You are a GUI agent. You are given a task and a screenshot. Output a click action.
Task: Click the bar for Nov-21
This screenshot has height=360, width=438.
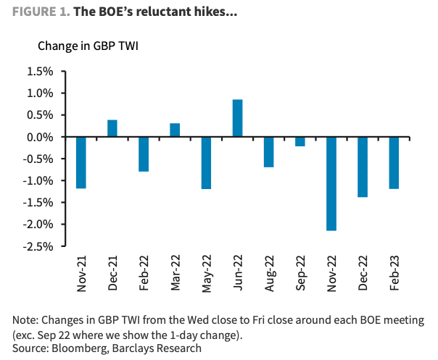[x=81, y=163]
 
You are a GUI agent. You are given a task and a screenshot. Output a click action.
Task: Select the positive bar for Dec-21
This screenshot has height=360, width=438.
[x=112, y=128]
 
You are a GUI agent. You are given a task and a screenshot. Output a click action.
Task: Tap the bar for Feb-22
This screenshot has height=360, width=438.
[x=144, y=154]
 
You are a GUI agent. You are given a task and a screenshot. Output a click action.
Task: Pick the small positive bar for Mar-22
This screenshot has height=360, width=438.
[x=175, y=130]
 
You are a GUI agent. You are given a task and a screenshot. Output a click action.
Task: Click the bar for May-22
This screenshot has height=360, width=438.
[x=206, y=163]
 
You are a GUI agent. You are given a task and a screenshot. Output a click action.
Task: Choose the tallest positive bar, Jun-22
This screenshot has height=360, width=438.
[x=237, y=118]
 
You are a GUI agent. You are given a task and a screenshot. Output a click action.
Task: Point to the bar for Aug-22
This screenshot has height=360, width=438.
[x=268, y=152]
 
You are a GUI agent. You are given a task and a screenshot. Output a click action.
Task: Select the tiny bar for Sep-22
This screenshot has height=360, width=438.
[x=299, y=141]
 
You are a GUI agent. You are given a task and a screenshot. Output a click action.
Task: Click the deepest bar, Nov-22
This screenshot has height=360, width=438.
[x=331, y=184]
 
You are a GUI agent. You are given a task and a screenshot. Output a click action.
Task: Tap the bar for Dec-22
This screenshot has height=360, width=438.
[x=363, y=167]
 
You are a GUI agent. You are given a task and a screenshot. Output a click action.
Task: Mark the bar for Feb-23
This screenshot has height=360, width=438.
[x=394, y=163]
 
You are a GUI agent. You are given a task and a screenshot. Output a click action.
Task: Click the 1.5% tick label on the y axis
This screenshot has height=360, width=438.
[x=40, y=72]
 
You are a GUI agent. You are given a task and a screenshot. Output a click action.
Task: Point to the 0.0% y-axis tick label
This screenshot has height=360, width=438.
[x=40, y=137]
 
